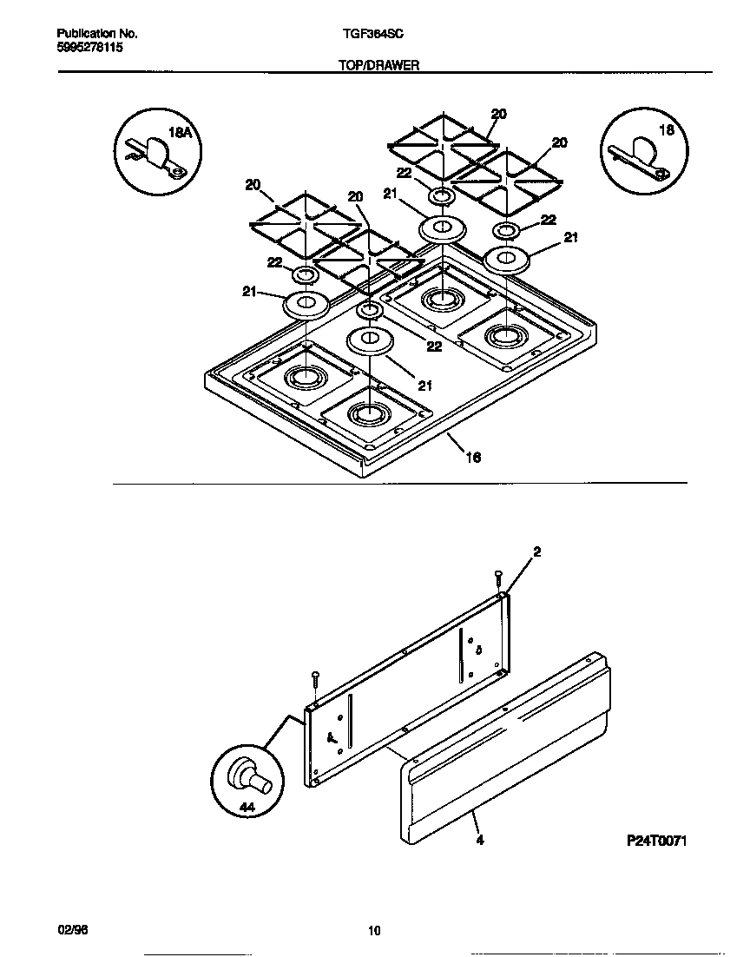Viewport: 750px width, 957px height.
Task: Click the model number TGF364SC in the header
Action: (x=372, y=34)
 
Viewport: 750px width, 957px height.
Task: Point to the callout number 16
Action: (x=473, y=456)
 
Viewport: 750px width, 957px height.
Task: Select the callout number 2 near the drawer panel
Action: (x=536, y=552)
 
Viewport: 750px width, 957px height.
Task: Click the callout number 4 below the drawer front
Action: (x=478, y=840)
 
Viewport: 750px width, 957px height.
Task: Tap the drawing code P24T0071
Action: (x=656, y=841)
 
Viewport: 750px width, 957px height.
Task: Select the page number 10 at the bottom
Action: (x=374, y=932)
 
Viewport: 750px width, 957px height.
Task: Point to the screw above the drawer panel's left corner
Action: (x=316, y=677)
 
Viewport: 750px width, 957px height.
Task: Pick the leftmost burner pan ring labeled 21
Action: (x=306, y=304)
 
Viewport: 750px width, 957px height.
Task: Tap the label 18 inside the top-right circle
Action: (x=667, y=130)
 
